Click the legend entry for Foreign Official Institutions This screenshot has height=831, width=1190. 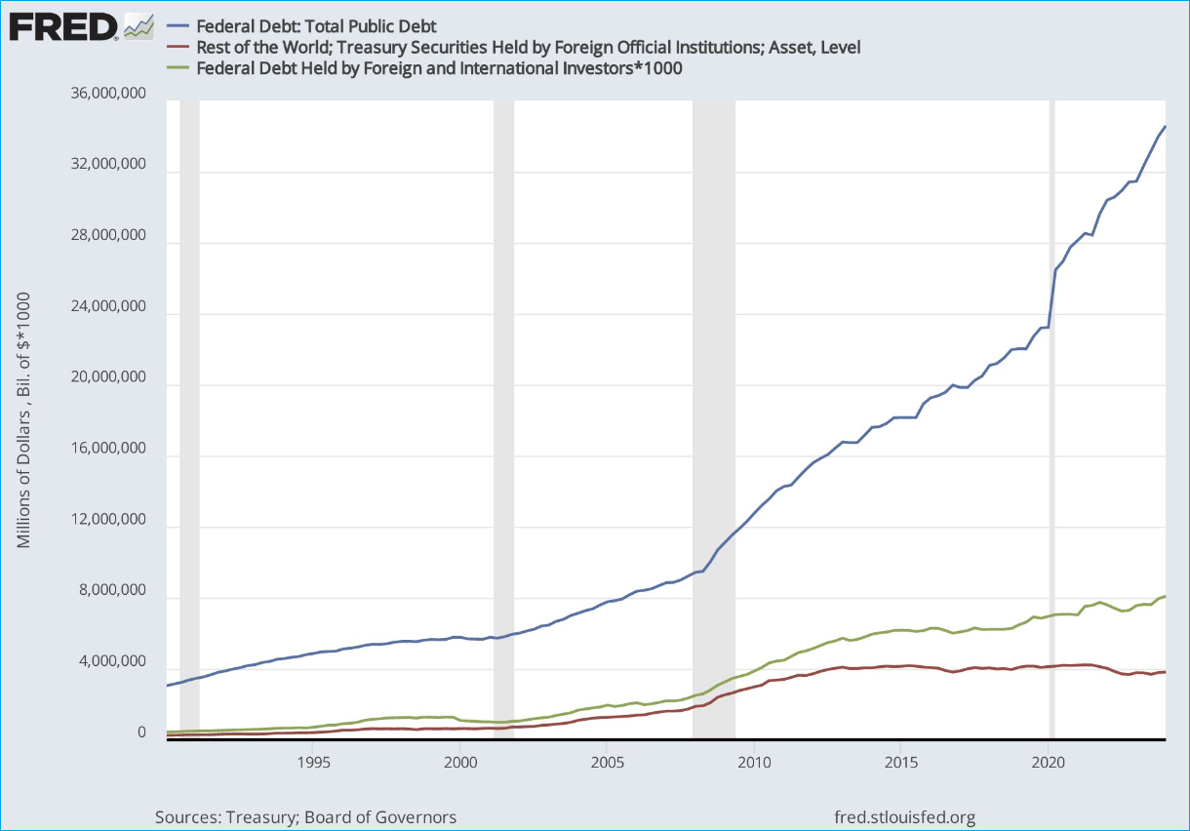(528, 47)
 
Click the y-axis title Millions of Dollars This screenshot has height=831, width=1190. (24, 419)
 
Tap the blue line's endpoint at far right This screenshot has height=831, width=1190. (1165, 127)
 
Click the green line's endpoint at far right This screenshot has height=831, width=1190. (1165, 596)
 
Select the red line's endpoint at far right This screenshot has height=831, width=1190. (1165, 672)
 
